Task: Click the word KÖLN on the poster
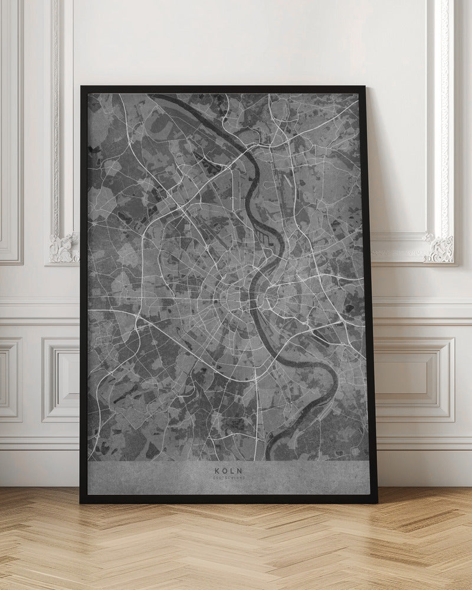[x=228, y=471]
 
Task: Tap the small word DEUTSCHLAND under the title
[x=228, y=478]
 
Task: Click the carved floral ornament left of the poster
[x=64, y=248]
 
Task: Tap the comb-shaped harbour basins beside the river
[x=263, y=239]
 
